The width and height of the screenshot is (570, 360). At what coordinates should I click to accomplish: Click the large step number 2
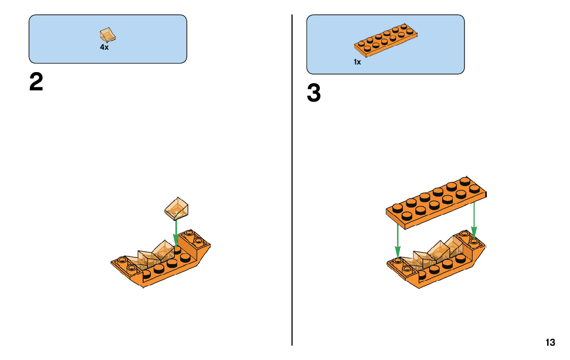pos(36,83)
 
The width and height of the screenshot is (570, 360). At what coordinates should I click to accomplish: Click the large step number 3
pos(314,94)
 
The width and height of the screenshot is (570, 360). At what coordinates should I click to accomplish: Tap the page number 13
pos(550,343)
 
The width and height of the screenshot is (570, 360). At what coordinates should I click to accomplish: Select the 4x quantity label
pos(104,47)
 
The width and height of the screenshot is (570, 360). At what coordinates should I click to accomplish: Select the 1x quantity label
pos(357,62)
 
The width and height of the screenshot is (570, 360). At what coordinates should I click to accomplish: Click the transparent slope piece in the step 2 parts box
pos(108,35)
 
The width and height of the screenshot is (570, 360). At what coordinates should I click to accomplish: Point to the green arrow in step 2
pos(176,233)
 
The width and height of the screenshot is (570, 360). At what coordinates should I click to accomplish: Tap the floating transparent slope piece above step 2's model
pos(177,207)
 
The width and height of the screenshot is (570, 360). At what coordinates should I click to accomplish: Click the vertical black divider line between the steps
pos(292,178)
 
